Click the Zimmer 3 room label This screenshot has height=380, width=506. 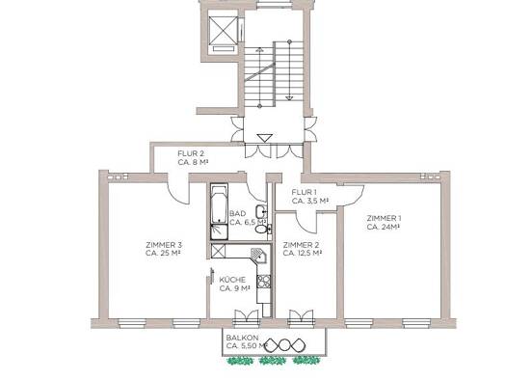pos(163,249)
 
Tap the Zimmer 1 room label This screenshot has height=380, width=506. pos(384,223)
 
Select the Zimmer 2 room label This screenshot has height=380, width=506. pos(303,249)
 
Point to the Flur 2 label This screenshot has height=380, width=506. pos(193,158)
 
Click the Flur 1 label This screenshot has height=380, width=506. pos(310,197)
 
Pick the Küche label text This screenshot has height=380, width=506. pos(234,285)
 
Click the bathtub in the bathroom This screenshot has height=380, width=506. pos(219,204)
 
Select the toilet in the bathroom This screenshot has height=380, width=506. pos(262,229)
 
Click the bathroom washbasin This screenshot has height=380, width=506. pos(261,211)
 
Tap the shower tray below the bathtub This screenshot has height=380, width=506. pos(219,231)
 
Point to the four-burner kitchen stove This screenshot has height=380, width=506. pos(264,282)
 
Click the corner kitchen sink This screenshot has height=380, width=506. pos(259,255)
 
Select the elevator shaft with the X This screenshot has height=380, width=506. pos(223,30)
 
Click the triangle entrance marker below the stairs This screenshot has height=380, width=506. pos(265,138)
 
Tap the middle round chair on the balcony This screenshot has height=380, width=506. pos(283,346)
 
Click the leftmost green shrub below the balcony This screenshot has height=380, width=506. pos(240,360)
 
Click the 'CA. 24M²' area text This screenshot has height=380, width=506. pos(384,227)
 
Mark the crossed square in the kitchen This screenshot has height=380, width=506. pos(218,251)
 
